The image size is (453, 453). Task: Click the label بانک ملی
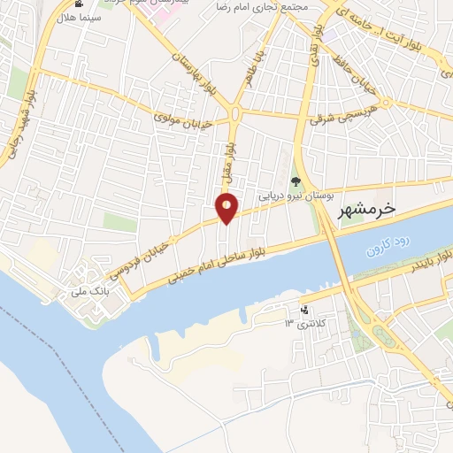click(92, 289)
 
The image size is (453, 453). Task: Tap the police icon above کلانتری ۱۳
click(305, 311)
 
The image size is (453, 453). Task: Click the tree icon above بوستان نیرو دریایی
click(296, 181)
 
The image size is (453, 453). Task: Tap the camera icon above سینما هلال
click(80, 4)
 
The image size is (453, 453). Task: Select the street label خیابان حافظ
click(360, 83)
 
